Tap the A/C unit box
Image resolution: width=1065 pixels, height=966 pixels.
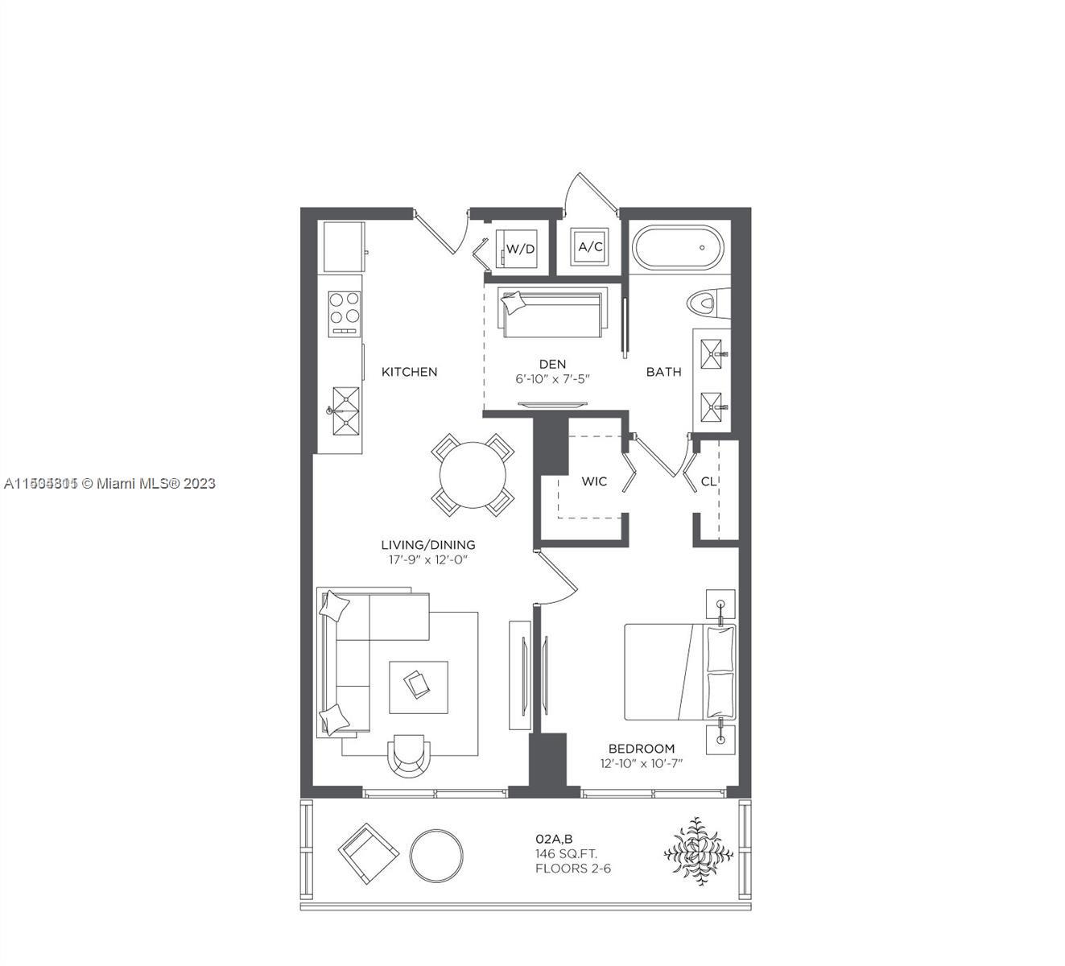(590, 247)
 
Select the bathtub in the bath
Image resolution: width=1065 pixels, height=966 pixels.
(678, 248)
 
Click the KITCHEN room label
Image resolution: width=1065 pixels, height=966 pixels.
(409, 372)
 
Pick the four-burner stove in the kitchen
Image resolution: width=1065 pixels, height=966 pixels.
(344, 312)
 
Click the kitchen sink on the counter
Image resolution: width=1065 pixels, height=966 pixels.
(345, 411)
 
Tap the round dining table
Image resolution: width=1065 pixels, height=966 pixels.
(473, 474)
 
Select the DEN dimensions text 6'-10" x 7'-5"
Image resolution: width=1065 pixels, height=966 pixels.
(553, 378)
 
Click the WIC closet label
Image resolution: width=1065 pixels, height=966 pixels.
(594, 481)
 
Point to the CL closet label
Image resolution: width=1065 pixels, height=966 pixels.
(708, 481)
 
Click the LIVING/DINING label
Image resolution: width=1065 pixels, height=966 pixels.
(427, 545)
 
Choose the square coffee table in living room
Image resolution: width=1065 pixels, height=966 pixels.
(419, 687)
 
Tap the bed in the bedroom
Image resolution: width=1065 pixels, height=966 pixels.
(680, 671)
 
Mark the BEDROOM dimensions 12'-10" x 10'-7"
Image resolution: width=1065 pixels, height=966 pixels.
(641, 763)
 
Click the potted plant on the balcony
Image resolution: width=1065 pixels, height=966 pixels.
(698, 852)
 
